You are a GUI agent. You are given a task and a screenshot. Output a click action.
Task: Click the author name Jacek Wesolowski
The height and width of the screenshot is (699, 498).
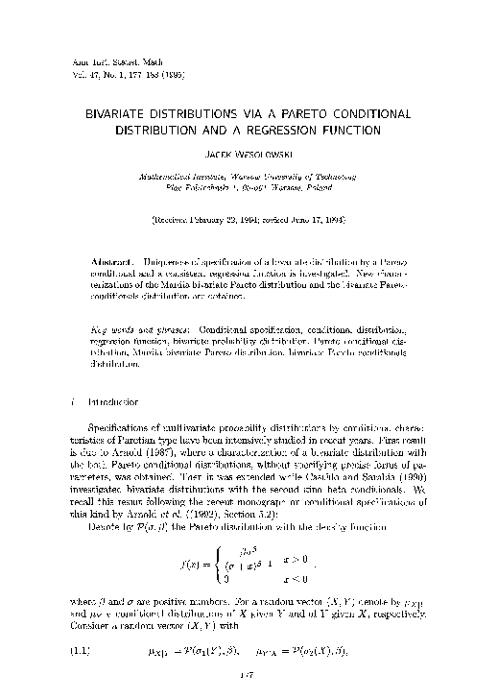click(x=249, y=154)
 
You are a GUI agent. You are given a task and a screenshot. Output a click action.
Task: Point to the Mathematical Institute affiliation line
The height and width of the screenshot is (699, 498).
click(x=249, y=177)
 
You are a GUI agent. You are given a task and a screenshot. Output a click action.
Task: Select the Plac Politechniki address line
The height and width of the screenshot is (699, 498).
click(x=249, y=189)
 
